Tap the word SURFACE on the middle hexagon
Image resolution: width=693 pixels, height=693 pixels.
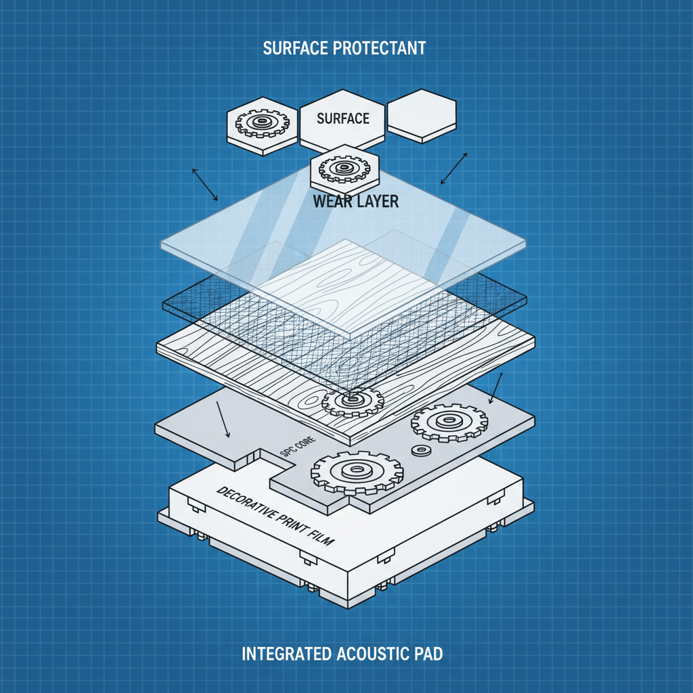[343, 118]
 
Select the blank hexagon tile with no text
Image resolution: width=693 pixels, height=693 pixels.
[422, 114]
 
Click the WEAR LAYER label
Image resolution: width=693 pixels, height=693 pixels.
[356, 202]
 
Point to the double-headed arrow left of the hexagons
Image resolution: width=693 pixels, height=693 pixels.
[206, 185]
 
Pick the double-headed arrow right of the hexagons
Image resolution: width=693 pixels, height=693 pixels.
[454, 169]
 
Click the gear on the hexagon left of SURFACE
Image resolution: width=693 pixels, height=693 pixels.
[262, 124]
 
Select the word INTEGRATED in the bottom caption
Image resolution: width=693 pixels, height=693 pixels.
[287, 654]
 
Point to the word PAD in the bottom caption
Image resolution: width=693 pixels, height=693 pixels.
[431, 654]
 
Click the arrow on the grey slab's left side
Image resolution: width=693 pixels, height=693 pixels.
[223, 419]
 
